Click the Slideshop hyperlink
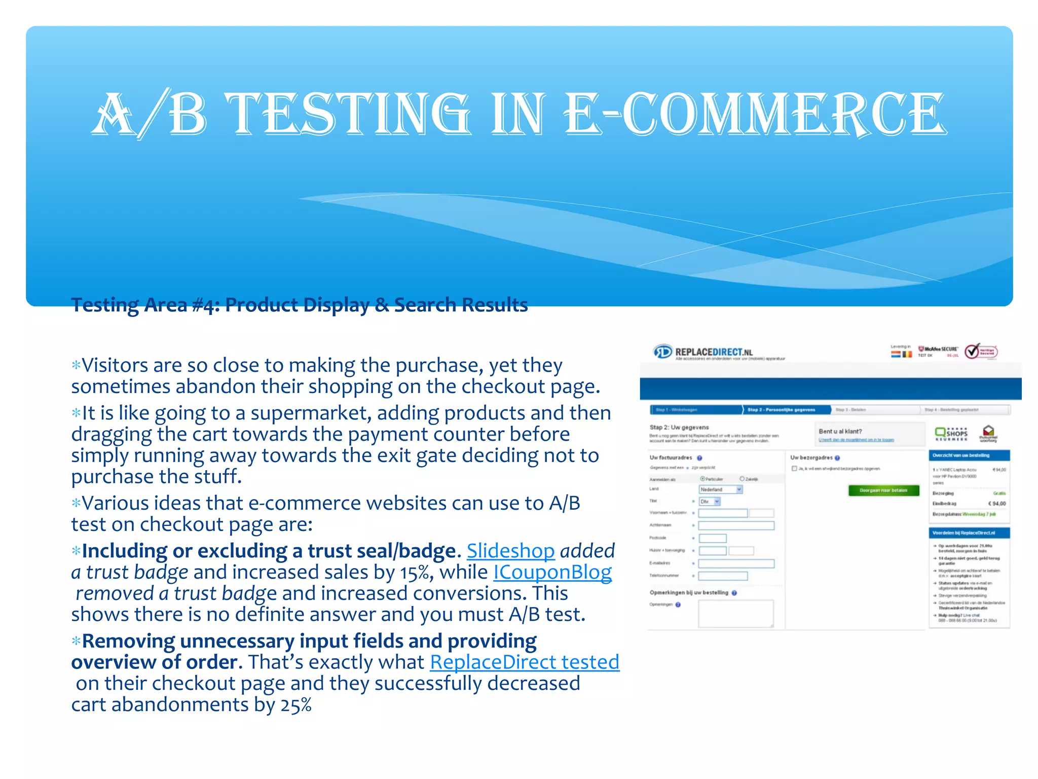(x=510, y=551)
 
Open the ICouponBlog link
(x=552, y=572)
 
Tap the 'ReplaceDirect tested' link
(x=525, y=662)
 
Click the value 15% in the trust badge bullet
(x=415, y=573)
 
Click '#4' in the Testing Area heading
(x=205, y=305)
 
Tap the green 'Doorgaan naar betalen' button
(x=883, y=490)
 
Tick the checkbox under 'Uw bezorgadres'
(x=794, y=469)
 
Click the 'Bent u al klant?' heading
(x=840, y=432)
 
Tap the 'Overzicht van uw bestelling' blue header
(x=969, y=455)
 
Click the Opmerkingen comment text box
(x=735, y=613)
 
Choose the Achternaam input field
(x=736, y=525)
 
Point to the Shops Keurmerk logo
(x=951, y=434)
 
